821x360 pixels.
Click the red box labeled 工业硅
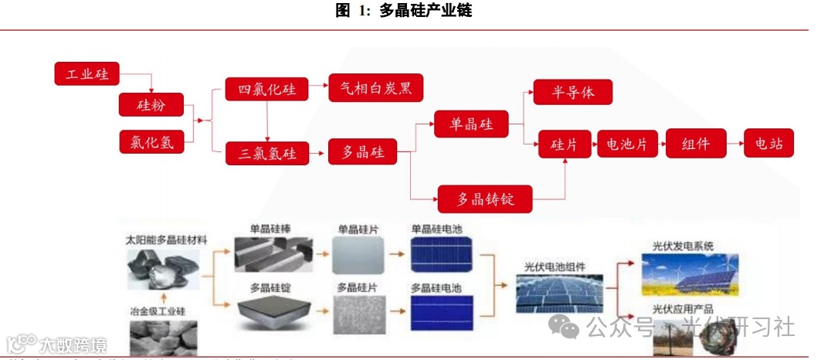pos(87,74)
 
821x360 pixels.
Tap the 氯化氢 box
pos(151,141)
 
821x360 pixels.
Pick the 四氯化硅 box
pos(266,89)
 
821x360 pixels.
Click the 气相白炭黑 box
pos(376,88)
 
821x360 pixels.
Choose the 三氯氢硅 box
pos(266,153)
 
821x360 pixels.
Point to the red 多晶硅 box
pos(362,152)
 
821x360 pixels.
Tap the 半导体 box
pos(573,92)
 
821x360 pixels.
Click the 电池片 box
pos(626,144)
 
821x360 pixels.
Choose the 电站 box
pos(768,143)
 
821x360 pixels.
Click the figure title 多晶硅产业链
pos(425,11)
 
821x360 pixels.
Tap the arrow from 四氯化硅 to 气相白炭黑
pos(318,89)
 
